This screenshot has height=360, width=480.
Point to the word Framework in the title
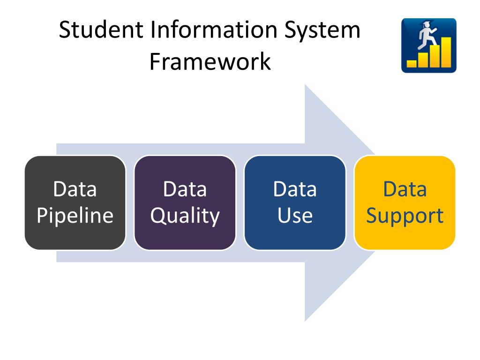point(210,62)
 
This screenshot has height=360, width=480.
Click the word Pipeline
point(75,216)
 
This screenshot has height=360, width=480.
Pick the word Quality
point(185,216)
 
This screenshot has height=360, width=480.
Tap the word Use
point(295,216)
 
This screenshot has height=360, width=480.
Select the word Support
point(405,216)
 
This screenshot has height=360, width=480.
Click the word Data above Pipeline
point(75,189)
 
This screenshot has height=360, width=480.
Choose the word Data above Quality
point(185,189)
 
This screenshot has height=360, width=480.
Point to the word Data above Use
point(295,189)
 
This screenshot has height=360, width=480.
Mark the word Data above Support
point(405,189)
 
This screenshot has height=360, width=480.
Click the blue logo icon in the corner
point(428,45)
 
